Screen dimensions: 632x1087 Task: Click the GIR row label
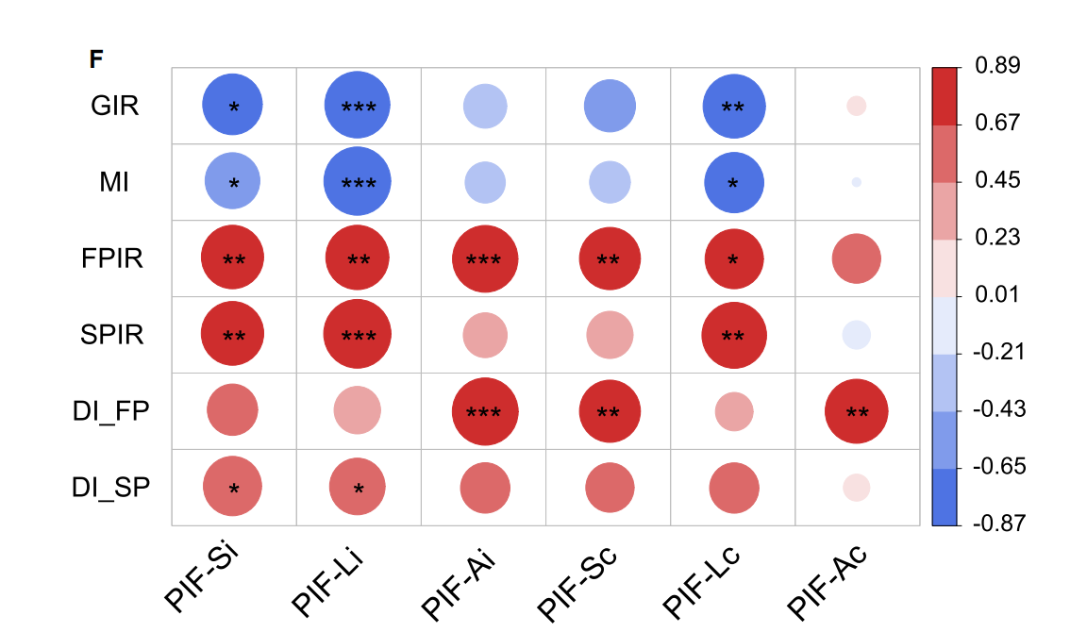pos(114,106)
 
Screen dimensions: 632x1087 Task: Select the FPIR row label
pos(112,258)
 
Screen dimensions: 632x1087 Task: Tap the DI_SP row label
pos(110,487)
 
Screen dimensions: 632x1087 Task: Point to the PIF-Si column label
pos(201,577)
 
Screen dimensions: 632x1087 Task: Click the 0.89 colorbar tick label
pos(996,66)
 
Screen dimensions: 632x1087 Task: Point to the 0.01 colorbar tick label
pos(996,295)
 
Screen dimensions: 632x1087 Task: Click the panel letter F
pos(96,59)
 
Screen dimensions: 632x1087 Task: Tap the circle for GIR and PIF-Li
pos(358,106)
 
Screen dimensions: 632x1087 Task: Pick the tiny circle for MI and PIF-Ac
pos(856,182)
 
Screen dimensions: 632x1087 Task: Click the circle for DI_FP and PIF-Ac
pos(856,410)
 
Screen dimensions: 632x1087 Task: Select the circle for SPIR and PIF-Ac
pos(856,334)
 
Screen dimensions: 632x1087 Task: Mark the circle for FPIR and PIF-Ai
pos(485,258)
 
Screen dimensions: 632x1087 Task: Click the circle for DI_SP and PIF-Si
pos(233,487)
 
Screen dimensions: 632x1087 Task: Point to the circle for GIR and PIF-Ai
pos(485,106)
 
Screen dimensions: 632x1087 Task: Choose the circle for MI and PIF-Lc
pos(732,182)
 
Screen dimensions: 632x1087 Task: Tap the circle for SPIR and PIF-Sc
pos(609,334)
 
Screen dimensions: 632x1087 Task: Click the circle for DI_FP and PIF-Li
pos(358,410)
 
